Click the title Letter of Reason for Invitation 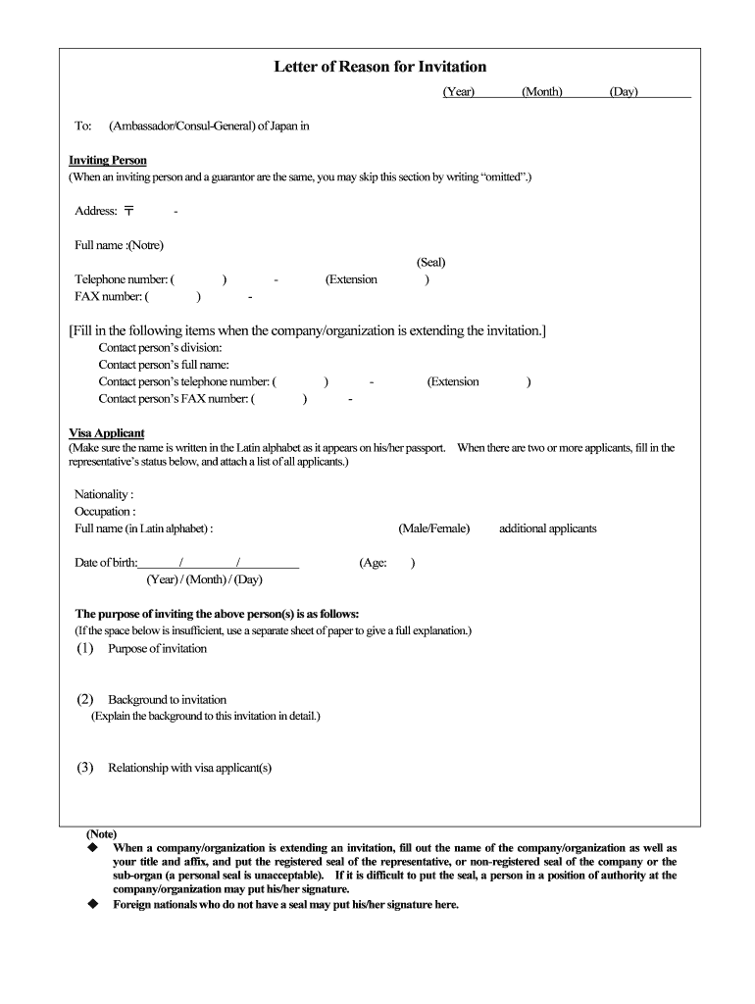[x=379, y=67]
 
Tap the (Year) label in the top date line [x=458, y=92]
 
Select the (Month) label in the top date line [x=541, y=92]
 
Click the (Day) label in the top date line [x=623, y=92]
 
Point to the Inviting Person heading [x=108, y=160]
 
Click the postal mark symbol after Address [x=129, y=211]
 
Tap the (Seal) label [x=430, y=263]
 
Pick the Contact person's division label [x=160, y=347]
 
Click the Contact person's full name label [x=164, y=365]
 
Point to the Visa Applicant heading [x=106, y=432]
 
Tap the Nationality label [x=104, y=494]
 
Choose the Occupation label [x=105, y=511]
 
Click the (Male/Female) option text [x=433, y=528]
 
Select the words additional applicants [x=547, y=528]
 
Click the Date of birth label [x=106, y=563]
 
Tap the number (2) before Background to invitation [x=85, y=699]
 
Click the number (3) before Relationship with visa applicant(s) [x=85, y=768]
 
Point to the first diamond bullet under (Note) [x=93, y=846]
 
